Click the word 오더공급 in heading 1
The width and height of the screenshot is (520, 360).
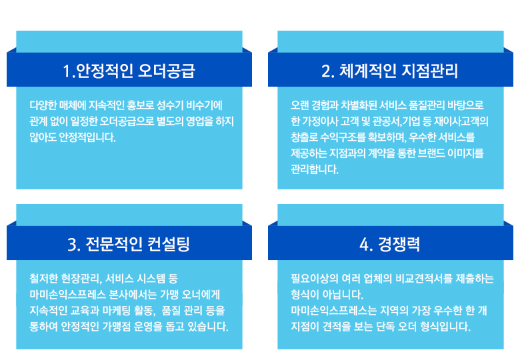[x=166, y=71]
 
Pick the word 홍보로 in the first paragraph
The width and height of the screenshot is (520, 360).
[x=140, y=105]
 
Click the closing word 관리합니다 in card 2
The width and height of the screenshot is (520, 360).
[x=315, y=169]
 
